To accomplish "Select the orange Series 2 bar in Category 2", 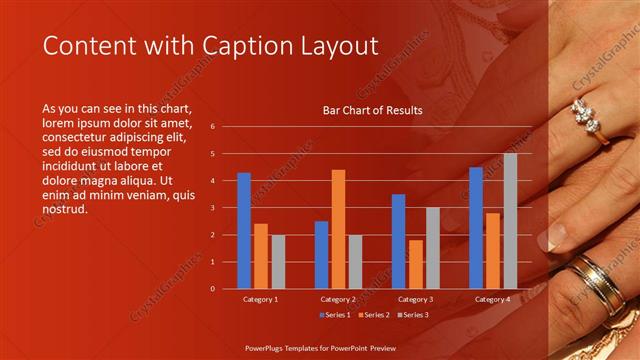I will click(338, 229).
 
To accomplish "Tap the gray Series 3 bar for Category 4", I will click(510, 221).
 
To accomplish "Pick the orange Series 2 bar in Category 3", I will click(415, 264).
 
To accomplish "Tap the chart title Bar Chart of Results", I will click(372, 110).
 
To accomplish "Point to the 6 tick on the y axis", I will click(213, 127).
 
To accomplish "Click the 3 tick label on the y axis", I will click(213, 208).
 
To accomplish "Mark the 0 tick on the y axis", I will click(213, 289).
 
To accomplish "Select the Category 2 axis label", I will click(338, 299).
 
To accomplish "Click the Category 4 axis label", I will click(493, 299).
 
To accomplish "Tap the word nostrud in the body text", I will click(66, 209).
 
